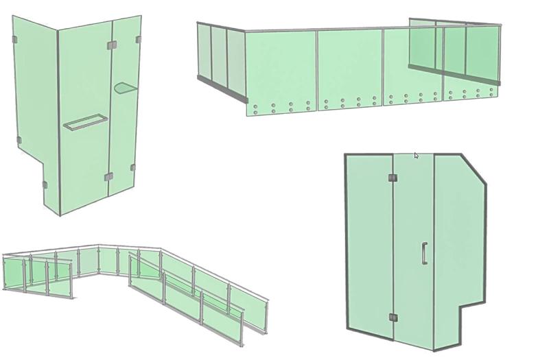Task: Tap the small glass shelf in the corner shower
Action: click(126, 87)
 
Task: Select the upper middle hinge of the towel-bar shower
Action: click(112, 45)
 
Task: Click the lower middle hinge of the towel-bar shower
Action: click(108, 177)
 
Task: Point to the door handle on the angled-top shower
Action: click(425, 253)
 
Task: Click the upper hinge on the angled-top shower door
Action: click(393, 178)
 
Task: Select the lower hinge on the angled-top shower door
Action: click(393, 317)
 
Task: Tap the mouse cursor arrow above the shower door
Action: click(416, 156)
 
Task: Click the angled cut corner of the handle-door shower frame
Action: click(473, 169)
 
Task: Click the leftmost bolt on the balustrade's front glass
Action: click(256, 107)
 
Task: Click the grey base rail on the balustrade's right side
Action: click(453, 75)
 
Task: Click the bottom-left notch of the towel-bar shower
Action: click(44, 185)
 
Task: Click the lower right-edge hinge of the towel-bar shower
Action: click(133, 167)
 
